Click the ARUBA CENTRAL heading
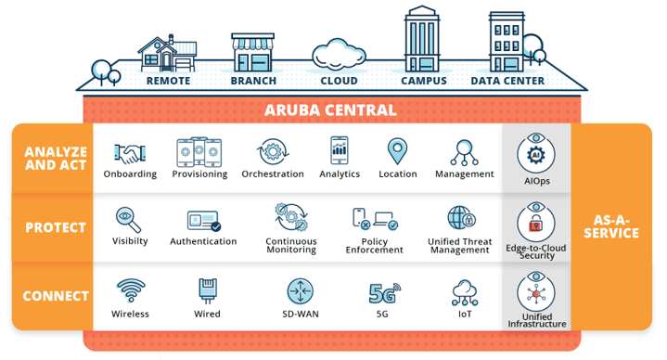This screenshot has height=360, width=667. point(330,110)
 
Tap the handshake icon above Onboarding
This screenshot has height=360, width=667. point(129,152)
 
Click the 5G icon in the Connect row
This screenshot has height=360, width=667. point(382,293)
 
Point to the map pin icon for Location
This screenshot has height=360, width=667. point(398,151)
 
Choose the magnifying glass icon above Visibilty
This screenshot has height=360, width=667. point(129,219)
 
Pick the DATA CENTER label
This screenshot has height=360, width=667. point(507,82)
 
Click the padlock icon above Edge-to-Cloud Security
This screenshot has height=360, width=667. point(535,224)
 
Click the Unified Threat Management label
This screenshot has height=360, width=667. point(461,245)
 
